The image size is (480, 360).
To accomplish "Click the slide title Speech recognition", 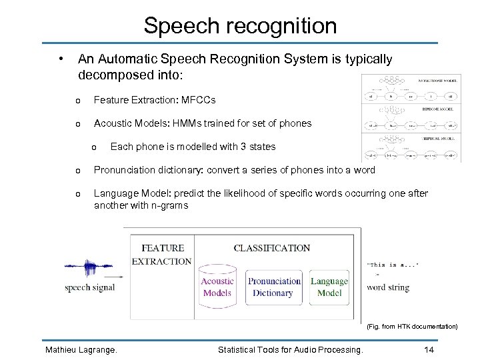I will pyautogui.click(x=240, y=26).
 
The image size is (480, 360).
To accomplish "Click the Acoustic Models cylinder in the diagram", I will pyautogui.click(x=217, y=287).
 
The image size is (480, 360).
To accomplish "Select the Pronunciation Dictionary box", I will pyautogui.click(x=274, y=287).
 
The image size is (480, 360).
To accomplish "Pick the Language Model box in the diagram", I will pyautogui.click(x=329, y=287).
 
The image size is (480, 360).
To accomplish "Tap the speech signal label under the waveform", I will pyautogui.click(x=90, y=288).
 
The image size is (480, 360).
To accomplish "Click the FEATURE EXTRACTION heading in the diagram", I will pyautogui.click(x=162, y=255).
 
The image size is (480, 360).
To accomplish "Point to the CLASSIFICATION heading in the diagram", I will pyautogui.click(x=271, y=248).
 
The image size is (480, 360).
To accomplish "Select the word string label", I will pyautogui.click(x=388, y=287).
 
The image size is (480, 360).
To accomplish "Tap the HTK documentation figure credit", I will pyautogui.click(x=412, y=327).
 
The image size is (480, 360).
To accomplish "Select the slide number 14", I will pyautogui.click(x=429, y=349).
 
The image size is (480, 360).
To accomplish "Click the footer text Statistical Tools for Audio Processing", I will pyautogui.click(x=291, y=349).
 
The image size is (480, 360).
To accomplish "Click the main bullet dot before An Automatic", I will pyautogui.click(x=61, y=58).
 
